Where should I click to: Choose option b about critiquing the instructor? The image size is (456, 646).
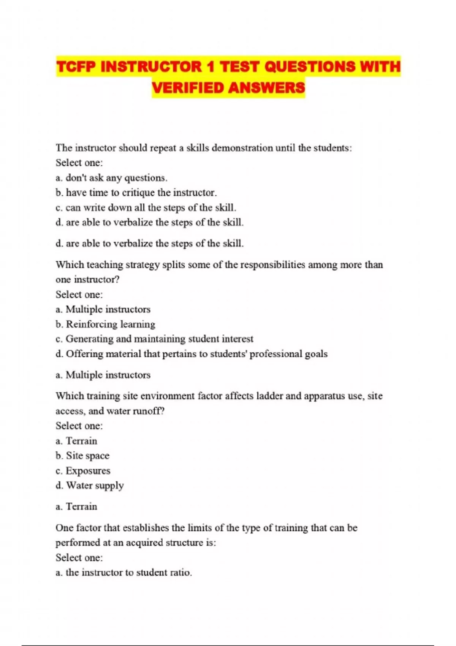click(x=136, y=193)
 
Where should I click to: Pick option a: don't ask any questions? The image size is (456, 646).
click(x=111, y=178)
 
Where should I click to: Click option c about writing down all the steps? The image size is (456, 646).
click(x=146, y=208)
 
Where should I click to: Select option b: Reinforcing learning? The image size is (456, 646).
click(x=105, y=324)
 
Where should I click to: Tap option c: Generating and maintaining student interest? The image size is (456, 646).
click(x=154, y=339)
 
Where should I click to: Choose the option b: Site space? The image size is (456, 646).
click(x=82, y=456)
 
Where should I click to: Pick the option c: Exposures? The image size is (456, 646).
click(x=83, y=471)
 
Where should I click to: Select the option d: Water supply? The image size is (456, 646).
click(x=90, y=486)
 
